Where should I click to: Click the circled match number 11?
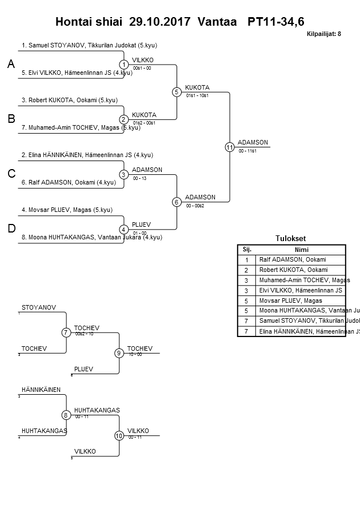coord(230,147)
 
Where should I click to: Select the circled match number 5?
coord(177,91)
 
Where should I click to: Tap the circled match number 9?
coord(119,353)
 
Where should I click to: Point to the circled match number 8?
coord(66,415)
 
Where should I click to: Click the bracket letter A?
coord(11,65)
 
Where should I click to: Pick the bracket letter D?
coord(11,229)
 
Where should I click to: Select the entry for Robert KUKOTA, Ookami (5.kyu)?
coord(70,100)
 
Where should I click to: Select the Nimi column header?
coord(301,250)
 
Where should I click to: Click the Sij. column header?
coord(247,250)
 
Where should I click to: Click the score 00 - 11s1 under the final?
coord(247,151)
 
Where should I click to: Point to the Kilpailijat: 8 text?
coord(324,34)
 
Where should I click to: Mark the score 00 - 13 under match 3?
coord(139,179)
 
